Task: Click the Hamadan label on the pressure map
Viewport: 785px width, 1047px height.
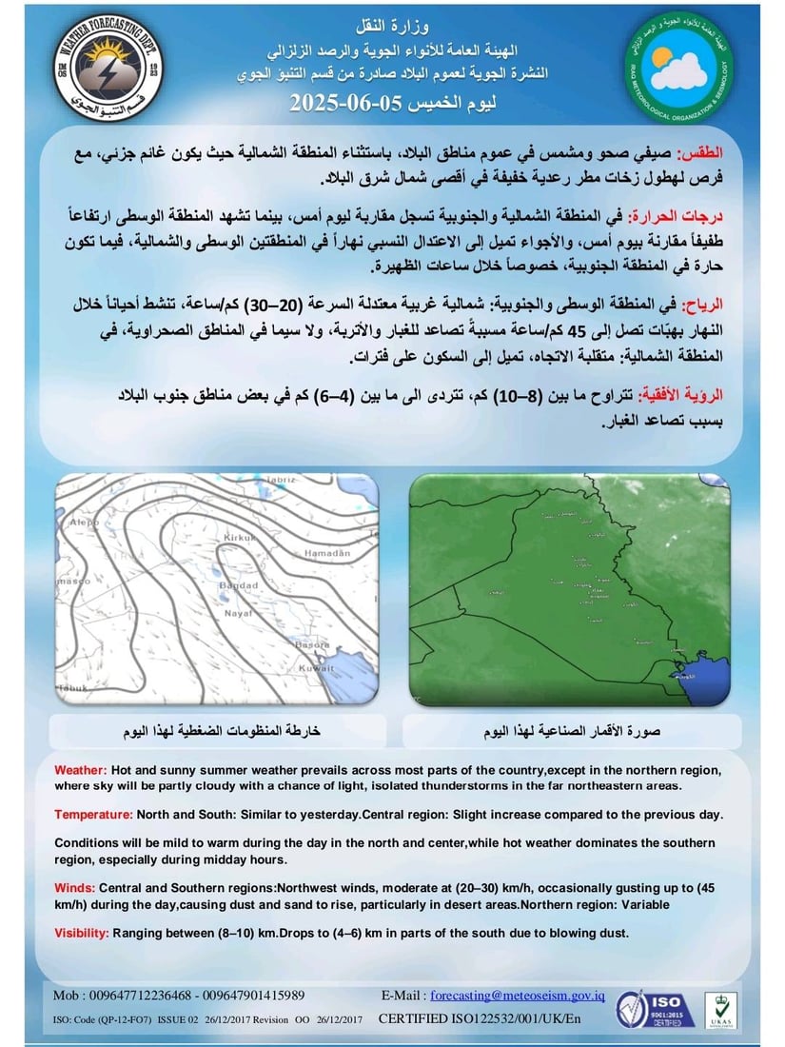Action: [x=324, y=552]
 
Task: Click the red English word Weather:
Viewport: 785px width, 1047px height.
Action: [x=80, y=769]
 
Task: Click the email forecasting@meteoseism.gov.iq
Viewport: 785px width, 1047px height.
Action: [x=518, y=996]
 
